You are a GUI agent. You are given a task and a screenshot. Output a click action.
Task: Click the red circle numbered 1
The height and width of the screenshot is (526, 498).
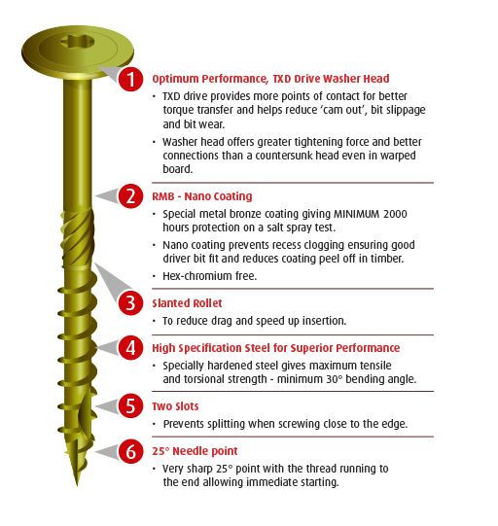pos(131,79)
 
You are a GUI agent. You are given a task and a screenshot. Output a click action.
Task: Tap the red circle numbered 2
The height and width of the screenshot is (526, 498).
pos(131,196)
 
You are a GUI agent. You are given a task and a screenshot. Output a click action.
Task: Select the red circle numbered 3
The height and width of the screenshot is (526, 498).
pos(131,303)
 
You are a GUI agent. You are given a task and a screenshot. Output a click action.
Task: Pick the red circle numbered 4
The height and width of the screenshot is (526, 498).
pos(131,347)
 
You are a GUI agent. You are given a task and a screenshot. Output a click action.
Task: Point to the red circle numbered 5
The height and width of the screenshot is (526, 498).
pos(131,405)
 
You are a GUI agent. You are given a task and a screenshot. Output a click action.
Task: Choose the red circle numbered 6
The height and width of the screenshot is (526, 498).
pos(131,451)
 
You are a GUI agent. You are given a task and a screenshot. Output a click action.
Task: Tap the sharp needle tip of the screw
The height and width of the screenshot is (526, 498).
pos(77,485)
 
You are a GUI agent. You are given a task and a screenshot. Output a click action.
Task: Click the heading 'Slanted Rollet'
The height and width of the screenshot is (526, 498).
pos(187,303)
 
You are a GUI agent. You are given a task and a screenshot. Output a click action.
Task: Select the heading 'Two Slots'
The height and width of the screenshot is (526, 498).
pos(175,406)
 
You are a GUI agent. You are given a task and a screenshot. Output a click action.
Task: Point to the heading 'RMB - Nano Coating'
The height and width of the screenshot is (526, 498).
pos(202,196)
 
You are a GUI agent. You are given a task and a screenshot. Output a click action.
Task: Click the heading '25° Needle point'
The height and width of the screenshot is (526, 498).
pos(195,451)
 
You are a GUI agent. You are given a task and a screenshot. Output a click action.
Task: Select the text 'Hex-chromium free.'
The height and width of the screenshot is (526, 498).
pos(210,276)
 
